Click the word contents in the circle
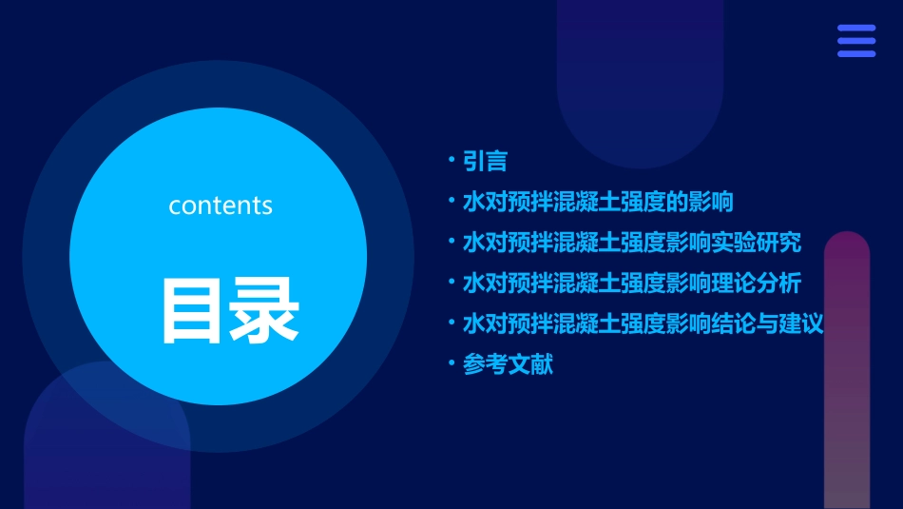(x=221, y=206)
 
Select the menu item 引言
(x=485, y=161)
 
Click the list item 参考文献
(x=508, y=363)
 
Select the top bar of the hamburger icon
(x=856, y=28)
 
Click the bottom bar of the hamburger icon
(x=856, y=53)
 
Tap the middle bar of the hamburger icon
(x=856, y=41)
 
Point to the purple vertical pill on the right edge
(x=847, y=371)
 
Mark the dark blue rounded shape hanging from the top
(x=640, y=76)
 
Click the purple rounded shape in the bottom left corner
(x=105, y=447)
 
